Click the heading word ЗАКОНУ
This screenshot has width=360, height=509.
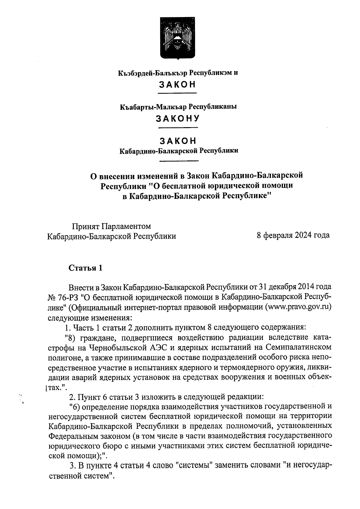click(178, 118)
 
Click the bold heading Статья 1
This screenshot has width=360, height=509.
click(86, 268)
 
